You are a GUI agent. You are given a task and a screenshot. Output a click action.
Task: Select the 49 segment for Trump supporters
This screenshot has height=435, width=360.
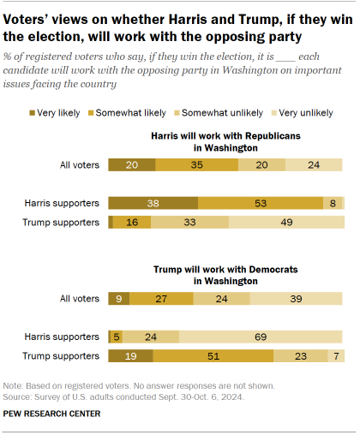coord(286,222)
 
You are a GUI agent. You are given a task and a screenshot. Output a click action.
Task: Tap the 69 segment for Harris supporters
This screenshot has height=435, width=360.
coord(261,337)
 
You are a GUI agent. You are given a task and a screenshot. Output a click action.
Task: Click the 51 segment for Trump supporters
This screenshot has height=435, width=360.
coord(213,355)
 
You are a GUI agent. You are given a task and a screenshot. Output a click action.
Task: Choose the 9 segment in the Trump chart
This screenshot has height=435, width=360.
coord(118,298)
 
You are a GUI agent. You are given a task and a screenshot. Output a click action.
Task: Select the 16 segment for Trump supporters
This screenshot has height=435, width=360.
coord(132,222)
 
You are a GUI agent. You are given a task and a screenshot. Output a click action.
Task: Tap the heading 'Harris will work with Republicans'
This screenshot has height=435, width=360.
coord(226,136)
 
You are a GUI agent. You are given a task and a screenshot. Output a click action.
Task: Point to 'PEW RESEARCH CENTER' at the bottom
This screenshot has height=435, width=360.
coord(52,414)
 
